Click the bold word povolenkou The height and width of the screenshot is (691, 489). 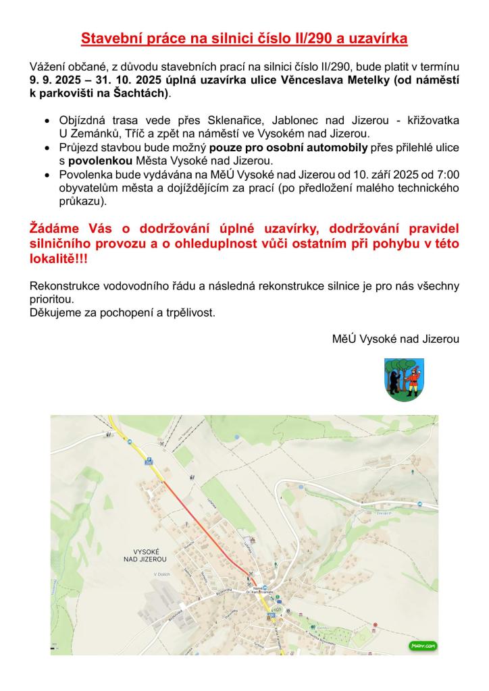(99, 160)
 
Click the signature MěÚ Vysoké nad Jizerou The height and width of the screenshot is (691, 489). (396, 339)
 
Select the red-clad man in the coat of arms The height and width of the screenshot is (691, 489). (413, 378)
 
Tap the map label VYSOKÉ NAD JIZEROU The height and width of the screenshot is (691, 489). (145, 555)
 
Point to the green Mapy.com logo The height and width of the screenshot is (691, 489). (422, 646)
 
